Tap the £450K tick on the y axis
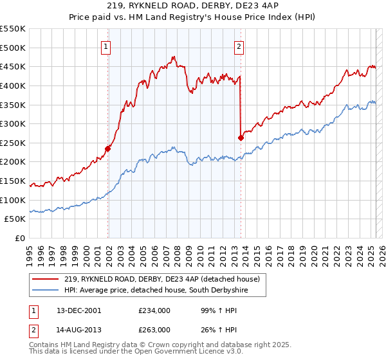pos(13,66)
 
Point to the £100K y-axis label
pos(13,200)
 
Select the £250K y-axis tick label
pos(13,143)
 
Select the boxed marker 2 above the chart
pos(239,46)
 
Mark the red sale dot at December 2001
pos(108,148)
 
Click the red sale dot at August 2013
pos(241,138)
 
